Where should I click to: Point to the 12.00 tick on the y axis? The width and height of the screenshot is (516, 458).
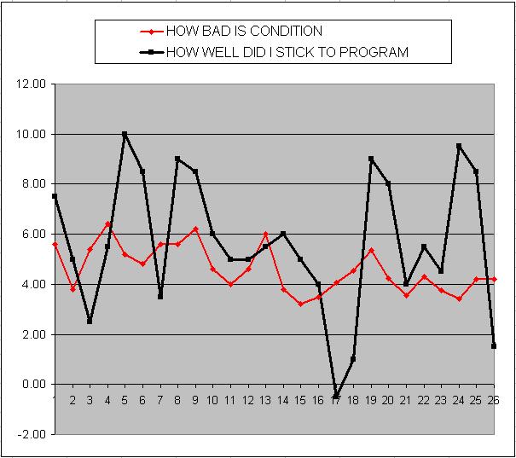tap(31, 84)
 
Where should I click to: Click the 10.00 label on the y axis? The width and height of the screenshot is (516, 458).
tap(31, 135)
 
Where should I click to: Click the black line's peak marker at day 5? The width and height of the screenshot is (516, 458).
tap(125, 134)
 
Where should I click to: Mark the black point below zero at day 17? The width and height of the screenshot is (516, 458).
tap(336, 397)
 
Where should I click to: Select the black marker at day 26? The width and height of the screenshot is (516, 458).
tap(494, 346)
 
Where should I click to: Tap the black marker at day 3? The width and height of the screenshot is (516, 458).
tap(90, 322)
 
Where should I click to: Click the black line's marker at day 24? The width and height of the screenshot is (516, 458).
tap(459, 146)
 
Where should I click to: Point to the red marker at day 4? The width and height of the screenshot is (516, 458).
tap(107, 224)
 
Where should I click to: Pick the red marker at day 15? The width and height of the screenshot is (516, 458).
tap(300, 304)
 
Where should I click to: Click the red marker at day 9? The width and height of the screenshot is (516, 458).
tap(195, 229)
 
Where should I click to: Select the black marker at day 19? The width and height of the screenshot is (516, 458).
tap(371, 159)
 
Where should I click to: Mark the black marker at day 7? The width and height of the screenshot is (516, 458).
tap(160, 297)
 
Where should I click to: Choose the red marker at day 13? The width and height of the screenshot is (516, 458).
tap(265, 234)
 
